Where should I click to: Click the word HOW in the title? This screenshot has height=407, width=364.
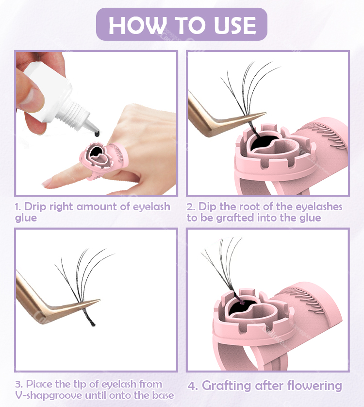[x=137, y=25]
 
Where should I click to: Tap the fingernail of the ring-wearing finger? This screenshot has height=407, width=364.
[x=48, y=183]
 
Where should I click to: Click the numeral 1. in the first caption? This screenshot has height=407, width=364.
[x=18, y=207]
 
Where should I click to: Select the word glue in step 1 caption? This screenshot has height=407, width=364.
[x=26, y=218]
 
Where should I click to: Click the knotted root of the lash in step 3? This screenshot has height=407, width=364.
[x=91, y=322]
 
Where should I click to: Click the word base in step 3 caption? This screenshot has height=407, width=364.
[x=163, y=395]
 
